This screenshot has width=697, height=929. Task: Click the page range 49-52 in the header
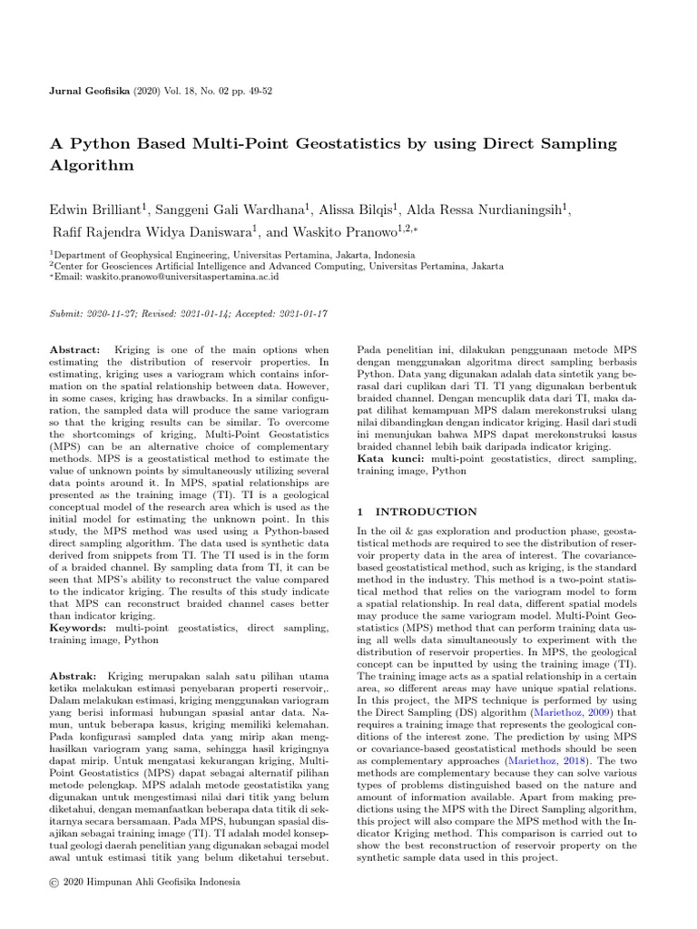(x=255, y=93)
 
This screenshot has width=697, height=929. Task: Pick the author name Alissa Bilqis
(x=369, y=210)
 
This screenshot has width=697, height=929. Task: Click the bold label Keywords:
(x=78, y=627)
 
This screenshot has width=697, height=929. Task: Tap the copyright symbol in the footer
(x=54, y=881)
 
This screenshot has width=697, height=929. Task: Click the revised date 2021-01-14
(x=191, y=312)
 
